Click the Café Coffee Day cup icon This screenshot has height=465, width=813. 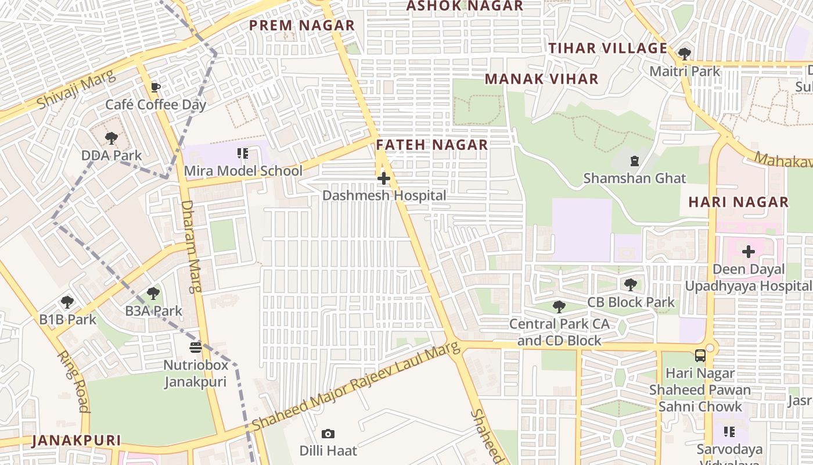click(x=155, y=88)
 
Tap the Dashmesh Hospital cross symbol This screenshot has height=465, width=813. click(x=384, y=178)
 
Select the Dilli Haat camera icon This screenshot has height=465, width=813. click(x=328, y=434)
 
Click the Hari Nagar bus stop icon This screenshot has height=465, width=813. click(x=700, y=355)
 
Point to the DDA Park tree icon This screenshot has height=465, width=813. click(x=111, y=138)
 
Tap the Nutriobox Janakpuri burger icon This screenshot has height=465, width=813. click(x=196, y=348)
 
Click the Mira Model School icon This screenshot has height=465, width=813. click(x=243, y=153)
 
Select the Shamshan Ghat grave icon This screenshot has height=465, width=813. click(x=635, y=160)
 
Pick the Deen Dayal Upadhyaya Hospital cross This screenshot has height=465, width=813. click(x=749, y=252)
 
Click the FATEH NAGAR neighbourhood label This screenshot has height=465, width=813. click(x=432, y=145)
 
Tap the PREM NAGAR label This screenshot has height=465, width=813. click(x=301, y=26)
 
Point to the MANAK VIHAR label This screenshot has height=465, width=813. click(x=541, y=79)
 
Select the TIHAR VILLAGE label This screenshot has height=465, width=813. click(x=608, y=48)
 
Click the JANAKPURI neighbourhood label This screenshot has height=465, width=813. click(x=76, y=441)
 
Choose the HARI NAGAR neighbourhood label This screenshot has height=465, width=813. click(x=738, y=202)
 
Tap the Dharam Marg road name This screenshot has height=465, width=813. click(x=189, y=246)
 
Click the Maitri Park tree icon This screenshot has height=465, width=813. click(x=685, y=53)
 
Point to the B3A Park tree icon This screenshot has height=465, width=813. click(x=153, y=294)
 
